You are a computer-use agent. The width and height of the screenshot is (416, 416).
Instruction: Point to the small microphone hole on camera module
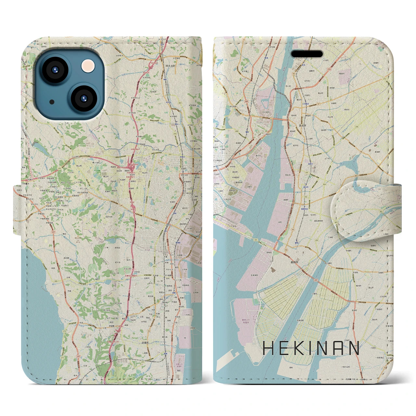[52, 102]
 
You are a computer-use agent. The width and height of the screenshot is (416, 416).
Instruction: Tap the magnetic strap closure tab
[366, 208]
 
